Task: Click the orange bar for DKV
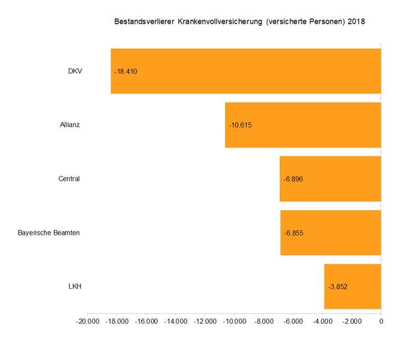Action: click(246, 71)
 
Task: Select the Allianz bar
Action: click(303, 125)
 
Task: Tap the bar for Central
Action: click(330, 179)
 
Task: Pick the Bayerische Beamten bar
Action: click(331, 233)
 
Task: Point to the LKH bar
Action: click(352, 287)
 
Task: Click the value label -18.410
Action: click(125, 71)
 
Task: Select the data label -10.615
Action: click(240, 125)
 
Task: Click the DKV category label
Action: click(75, 71)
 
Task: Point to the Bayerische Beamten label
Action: click(49, 233)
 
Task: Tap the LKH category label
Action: click(74, 287)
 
